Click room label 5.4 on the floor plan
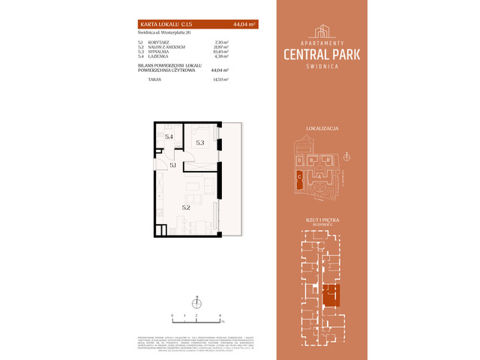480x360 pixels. [x=169, y=137]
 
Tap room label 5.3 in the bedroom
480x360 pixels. [x=200, y=142]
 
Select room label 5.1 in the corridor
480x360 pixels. [x=172, y=164]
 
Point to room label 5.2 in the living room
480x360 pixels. [x=185, y=206]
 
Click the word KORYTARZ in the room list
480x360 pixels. [x=160, y=43]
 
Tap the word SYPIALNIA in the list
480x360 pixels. [x=160, y=52]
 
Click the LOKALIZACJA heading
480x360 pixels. [x=323, y=129]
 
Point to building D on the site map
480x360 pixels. [x=299, y=160]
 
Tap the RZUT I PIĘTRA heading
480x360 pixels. [x=323, y=219]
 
